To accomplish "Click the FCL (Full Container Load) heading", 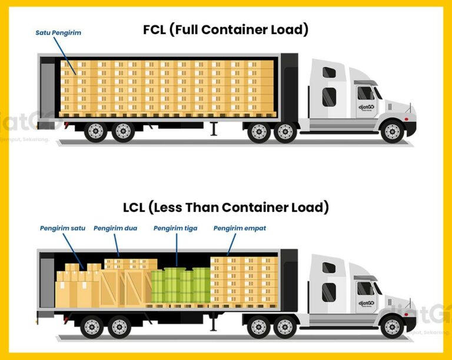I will pos(226,29).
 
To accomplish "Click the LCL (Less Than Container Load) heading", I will pos(226,207).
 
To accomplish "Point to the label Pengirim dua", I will pos(115,228).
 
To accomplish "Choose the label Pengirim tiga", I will pos(175,228).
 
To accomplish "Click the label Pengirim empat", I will pos(235,228).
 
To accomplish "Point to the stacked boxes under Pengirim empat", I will pos(244,282).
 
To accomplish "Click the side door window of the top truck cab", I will pos(365,93).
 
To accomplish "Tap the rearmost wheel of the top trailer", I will pos(95,131).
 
